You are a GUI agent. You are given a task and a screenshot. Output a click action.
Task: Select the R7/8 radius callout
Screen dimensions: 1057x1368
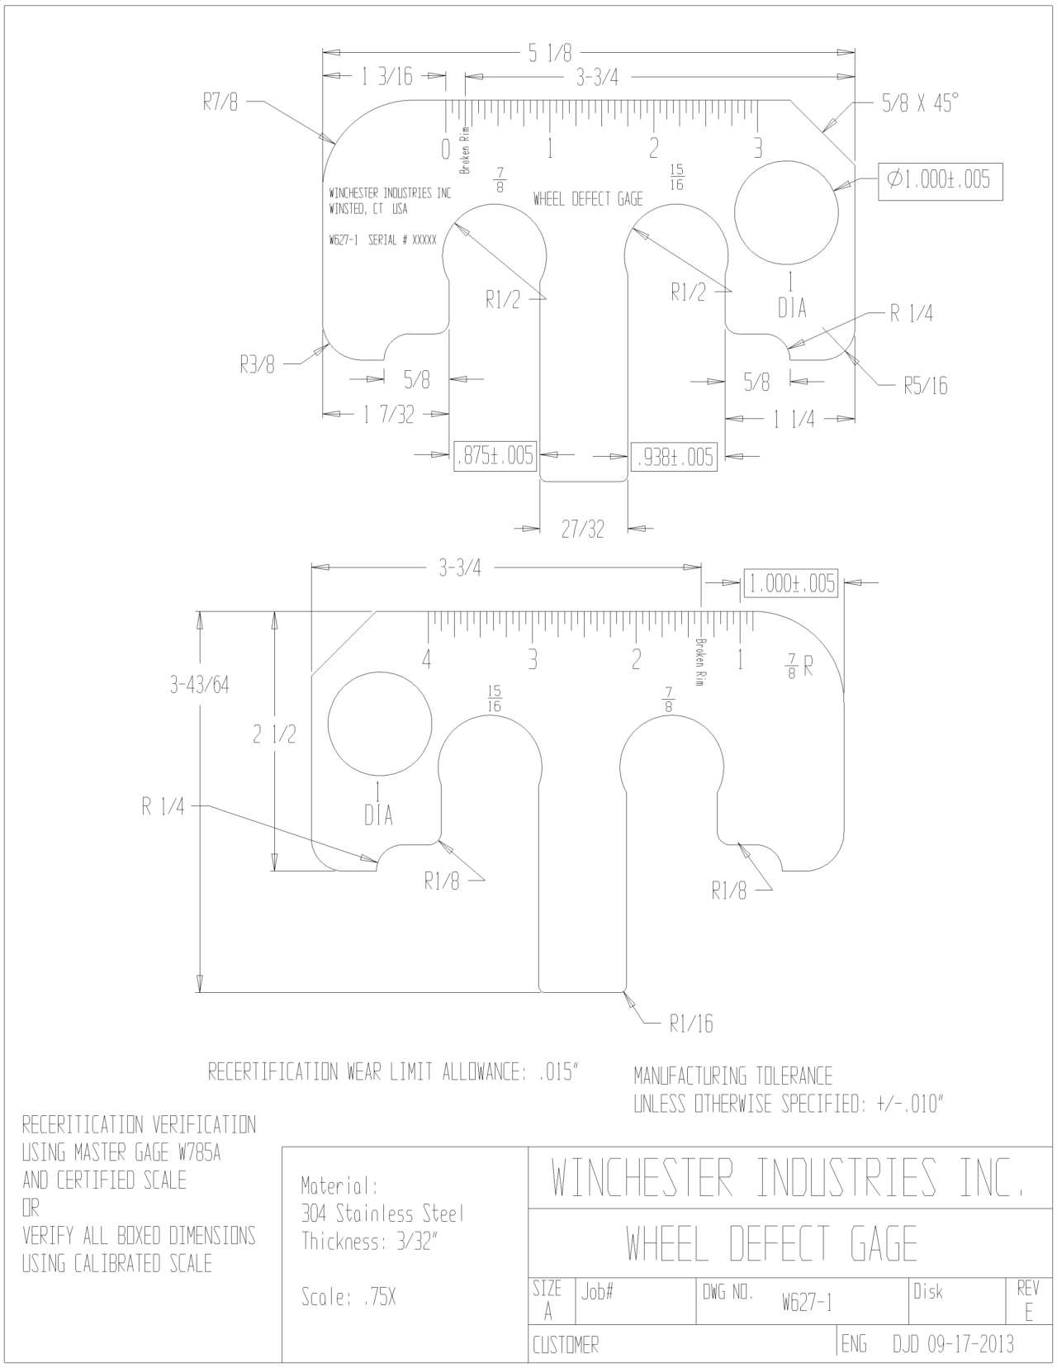coord(220,102)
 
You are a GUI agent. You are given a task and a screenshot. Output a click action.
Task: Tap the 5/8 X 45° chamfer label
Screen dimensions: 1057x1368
coord(921,102)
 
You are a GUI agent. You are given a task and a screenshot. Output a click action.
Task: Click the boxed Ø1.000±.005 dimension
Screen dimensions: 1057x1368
coord(941,181)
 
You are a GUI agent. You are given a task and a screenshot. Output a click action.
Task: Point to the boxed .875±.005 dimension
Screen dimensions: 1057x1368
coord(495,455)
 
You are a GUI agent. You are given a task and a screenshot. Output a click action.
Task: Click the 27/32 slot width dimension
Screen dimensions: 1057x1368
coord(583,530)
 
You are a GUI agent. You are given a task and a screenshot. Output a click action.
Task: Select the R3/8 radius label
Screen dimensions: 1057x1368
coord(258,364)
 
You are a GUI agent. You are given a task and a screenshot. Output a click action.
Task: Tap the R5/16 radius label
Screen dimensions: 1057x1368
coord(926,386)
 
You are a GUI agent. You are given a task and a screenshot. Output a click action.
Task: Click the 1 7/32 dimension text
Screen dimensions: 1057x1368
coord(389,416)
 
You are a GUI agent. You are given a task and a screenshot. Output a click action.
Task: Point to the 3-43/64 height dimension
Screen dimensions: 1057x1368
coord(200,685)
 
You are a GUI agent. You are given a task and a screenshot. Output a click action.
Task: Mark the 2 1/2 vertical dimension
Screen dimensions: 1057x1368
coord(274,734)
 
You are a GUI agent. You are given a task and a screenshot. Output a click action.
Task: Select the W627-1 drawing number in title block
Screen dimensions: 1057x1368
coord(808,1303)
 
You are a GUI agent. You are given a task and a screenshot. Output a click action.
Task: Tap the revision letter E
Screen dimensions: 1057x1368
coord(1029,1313)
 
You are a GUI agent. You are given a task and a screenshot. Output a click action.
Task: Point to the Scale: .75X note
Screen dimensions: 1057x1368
coord(348,1298)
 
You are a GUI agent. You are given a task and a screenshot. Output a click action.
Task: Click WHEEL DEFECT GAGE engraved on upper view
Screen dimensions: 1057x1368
coord(588,200)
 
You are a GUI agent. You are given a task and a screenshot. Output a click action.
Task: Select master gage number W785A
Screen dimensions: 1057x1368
coord(200,1152)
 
